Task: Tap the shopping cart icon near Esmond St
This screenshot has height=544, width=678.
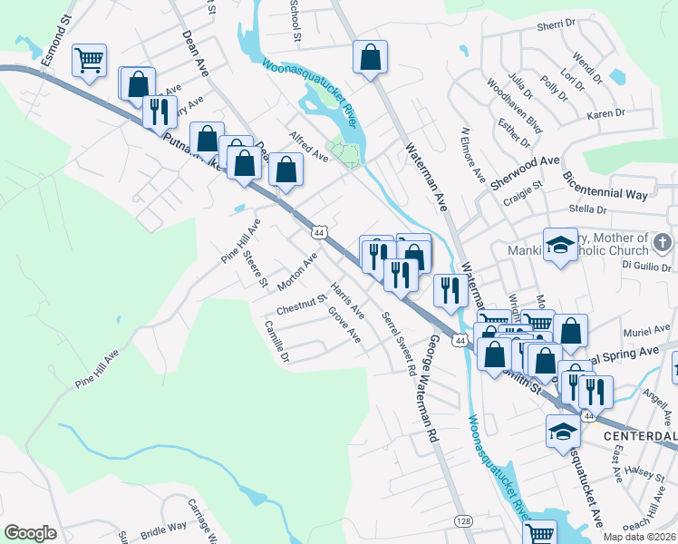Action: coord(89,61)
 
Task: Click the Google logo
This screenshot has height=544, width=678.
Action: coord(31,532)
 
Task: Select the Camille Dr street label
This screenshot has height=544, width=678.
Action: coord(276,341)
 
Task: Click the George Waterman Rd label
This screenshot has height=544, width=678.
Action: coord(433,389)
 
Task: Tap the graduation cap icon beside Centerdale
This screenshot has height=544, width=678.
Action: coord(563,432)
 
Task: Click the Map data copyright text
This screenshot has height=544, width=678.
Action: coord(637,537)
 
